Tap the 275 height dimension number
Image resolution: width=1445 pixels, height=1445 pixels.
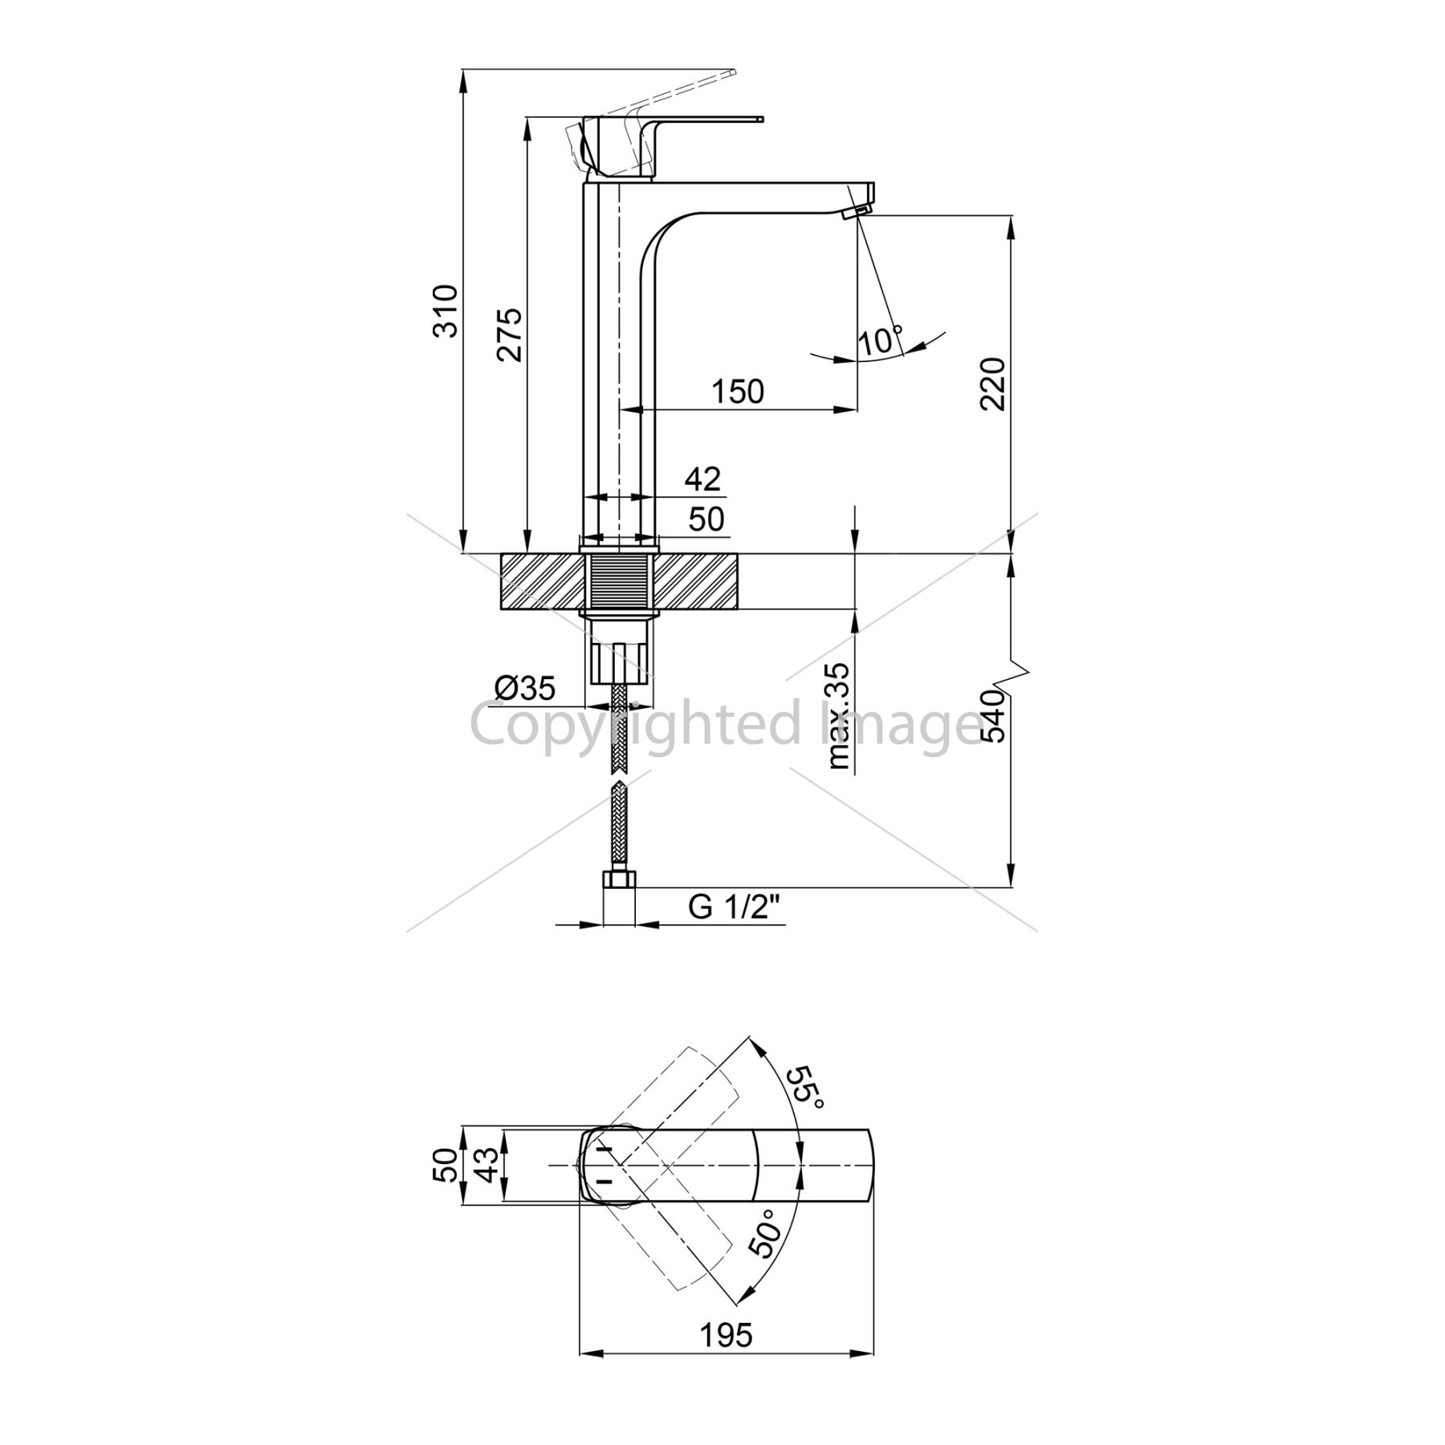tap(510, 334)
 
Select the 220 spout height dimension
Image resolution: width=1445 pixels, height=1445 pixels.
tap(993, 383)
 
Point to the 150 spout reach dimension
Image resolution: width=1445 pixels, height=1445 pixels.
tap(738, 391)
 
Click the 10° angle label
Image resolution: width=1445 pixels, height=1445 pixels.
tap(881, 340)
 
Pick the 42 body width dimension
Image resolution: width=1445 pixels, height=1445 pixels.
tap(702, 478)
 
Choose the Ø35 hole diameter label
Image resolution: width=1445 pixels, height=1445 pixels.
tap(525, 688)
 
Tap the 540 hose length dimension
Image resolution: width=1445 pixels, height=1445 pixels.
tap(994, 716)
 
